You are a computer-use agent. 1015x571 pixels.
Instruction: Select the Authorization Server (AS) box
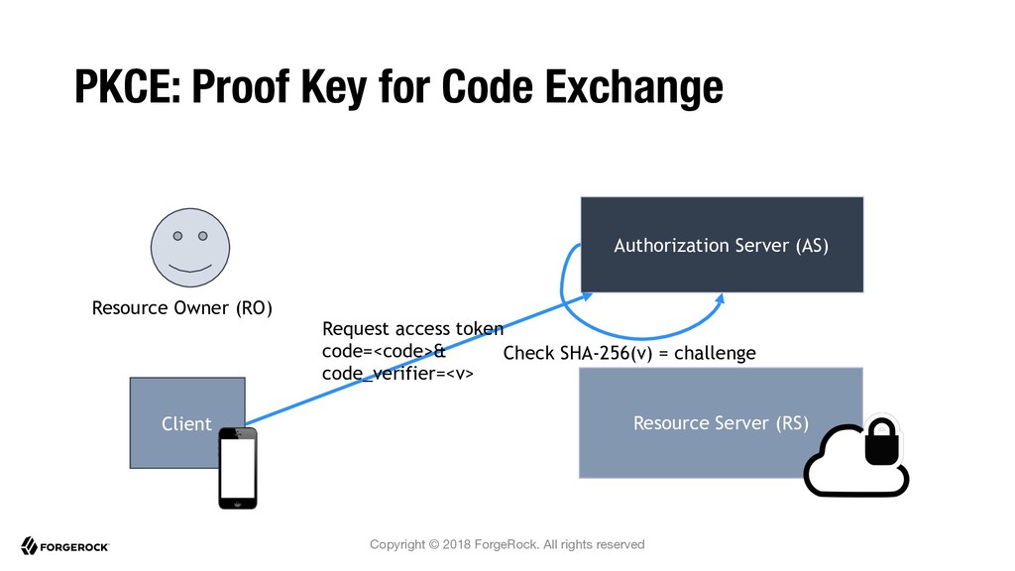[722, 245]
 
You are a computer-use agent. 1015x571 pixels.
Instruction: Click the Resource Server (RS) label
[722, 422]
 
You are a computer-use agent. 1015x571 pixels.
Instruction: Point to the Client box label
[186, 423]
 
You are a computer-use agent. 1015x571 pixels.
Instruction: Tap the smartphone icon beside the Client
[238, 468]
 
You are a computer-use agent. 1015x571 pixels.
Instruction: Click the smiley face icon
[190, 247]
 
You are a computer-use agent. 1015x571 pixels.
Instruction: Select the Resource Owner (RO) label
[182, 307]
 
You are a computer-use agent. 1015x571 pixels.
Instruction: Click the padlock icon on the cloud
[881, 441]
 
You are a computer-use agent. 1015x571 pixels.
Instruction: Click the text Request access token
[412, 329]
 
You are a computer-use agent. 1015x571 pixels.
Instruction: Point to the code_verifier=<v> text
[397, 374]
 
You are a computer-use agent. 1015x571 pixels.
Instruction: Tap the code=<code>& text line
[384, 351]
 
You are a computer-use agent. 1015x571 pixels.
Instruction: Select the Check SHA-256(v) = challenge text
[629, 353]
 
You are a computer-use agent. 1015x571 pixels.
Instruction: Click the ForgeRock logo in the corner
[64, 546]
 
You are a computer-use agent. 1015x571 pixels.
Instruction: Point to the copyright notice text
[507, 544]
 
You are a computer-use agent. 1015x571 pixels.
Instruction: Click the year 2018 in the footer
[457, 544]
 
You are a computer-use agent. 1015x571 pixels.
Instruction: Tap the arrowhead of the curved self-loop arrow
[720, 299]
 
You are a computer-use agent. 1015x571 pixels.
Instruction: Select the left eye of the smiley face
[177, 236]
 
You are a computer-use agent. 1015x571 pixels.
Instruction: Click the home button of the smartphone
[238, 503]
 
